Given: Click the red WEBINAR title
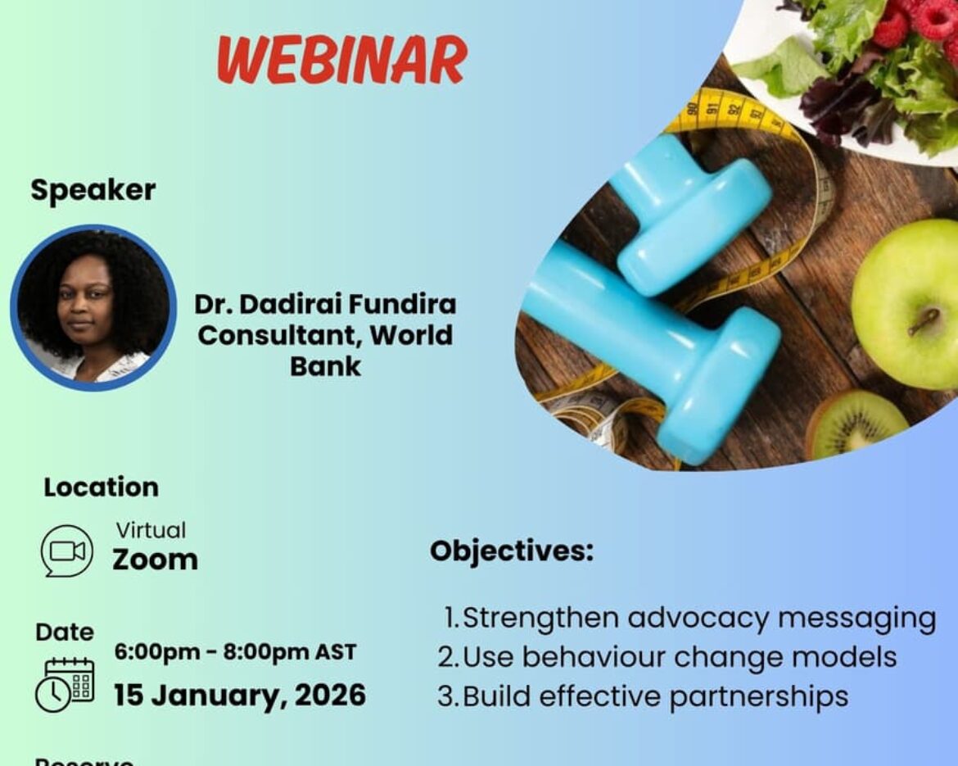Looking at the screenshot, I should [342, 61].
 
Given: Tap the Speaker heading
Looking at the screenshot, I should [93, 190].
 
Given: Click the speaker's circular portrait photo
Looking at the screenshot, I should [93, 307].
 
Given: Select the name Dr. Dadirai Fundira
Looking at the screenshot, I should [325, 304].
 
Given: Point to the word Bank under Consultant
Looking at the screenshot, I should [325, 366].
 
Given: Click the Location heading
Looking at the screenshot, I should [101, 487].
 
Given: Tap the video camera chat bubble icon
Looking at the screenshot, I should [67, 551].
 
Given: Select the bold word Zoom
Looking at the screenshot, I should [155, 560].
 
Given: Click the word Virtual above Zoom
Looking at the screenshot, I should [151, 530].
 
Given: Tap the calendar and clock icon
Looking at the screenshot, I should [65, 684].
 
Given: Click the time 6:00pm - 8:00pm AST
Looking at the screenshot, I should [235, 653].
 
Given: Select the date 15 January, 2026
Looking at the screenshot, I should [239, 696].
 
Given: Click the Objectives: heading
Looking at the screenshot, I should [512, 551].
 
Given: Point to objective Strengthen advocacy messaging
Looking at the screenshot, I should [689, 618].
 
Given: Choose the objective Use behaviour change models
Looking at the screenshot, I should [667, 657].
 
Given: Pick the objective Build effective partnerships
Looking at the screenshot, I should [644, 696].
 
